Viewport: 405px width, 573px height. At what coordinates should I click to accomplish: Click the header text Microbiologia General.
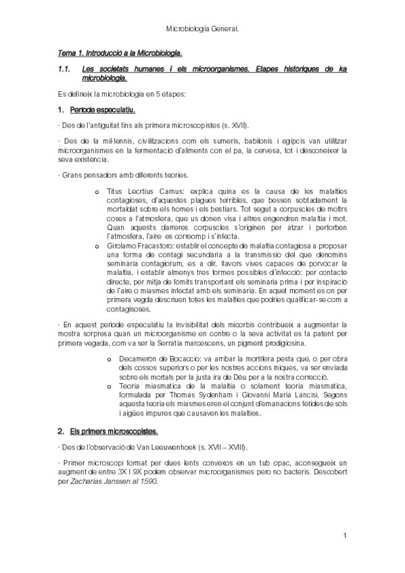[x=203, y=30]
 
